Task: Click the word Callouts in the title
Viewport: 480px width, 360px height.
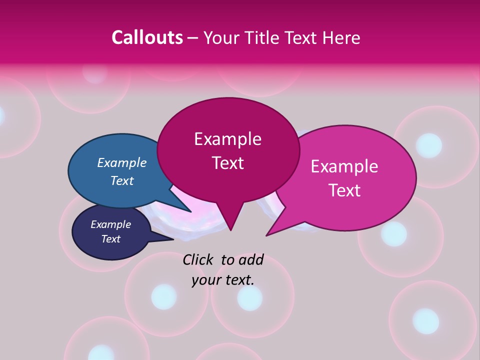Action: pyautogui.click(x=147, y=37)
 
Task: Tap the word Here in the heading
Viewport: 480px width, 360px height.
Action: pyautogui.click(x=340, y=37)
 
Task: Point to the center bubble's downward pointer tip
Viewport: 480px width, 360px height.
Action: pyautogui.click(x=230, y=230)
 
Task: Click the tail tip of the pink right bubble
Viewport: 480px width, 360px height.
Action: pyautogui.click(x=266, y=235)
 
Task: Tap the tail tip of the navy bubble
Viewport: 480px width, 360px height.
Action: pyautogui.click(x=173, y=239)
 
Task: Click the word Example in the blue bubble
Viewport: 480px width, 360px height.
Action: pyautogui.click(x=122, y=162)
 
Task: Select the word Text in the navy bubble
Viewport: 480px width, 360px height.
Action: pyautogui.click(x=110, y=239)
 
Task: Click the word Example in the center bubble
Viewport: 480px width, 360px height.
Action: pyautogui.click(x=227, y=139)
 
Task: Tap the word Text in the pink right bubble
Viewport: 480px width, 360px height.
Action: pyautogui.click(x=344, y=190)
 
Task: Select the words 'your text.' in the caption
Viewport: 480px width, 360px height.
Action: pyautogui.click(x=223, y=279)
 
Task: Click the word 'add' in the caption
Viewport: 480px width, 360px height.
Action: pyautogui.click(x=251, y=259)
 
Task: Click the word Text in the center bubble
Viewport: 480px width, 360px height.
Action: pyautogui.click(x=227, y=163)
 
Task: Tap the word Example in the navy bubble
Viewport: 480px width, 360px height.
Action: pyautogui.click(x=110, y=224)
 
